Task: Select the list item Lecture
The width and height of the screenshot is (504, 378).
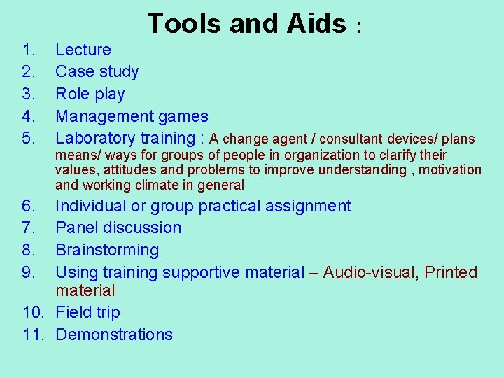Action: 83,50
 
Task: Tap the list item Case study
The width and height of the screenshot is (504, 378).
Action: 97,71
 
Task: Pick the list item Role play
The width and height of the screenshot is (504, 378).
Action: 90,94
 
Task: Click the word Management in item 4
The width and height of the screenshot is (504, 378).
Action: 104,116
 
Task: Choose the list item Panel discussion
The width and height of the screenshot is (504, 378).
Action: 118,227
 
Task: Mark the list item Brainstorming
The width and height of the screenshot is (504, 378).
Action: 106,250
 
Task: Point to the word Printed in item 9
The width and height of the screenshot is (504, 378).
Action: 451,272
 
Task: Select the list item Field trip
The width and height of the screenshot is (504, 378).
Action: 87,312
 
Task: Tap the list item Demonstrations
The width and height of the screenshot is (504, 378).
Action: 113,335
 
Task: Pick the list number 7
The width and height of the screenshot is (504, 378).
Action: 28,227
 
